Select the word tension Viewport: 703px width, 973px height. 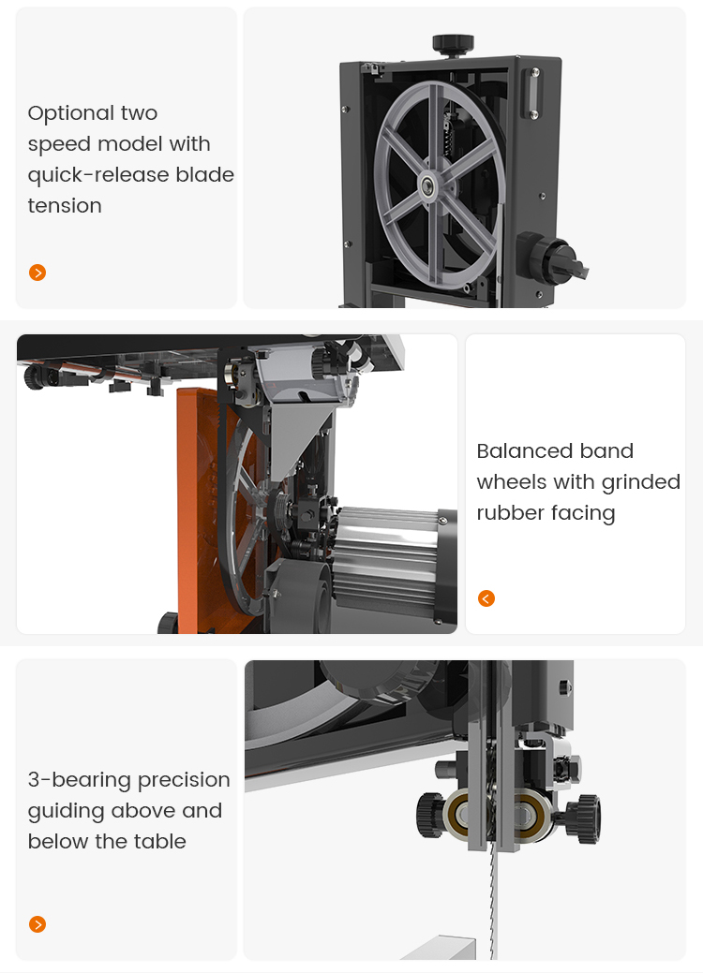(x=65, y=206)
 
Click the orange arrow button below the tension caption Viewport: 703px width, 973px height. (x=37, y=273)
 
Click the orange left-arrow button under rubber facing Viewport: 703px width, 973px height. (x=486, y=598)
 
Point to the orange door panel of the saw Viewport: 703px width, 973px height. (x=202, y=506)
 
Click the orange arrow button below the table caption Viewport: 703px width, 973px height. (x=37, y=924)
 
